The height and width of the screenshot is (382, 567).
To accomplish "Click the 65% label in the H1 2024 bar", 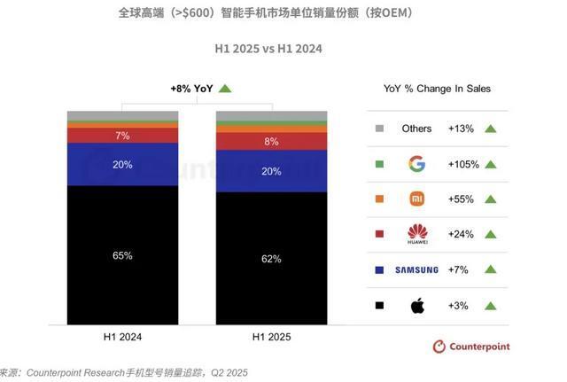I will [122, 255].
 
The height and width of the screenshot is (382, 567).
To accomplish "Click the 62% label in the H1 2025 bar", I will [271, 259].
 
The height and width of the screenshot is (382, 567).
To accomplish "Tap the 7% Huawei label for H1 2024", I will [122, 136].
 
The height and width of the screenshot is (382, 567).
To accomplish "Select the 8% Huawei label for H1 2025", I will [271, 141].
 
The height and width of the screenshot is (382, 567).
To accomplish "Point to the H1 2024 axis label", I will [122, 337].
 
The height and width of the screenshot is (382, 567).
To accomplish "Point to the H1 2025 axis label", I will [271, 337].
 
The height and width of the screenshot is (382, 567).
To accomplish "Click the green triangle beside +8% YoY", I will [225, 88].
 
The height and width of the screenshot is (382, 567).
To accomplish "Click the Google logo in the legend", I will [416, 164].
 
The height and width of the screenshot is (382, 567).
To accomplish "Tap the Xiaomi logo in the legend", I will [416, 199].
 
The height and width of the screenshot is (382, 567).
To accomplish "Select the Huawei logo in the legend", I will [416, 235].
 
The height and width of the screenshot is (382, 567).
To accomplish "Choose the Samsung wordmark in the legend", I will [416, 270].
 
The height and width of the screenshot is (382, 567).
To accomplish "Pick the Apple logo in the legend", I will [416, 306].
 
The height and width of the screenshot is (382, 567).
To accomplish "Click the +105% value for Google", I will [461, 164].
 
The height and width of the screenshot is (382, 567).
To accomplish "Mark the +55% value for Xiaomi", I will [461, 199].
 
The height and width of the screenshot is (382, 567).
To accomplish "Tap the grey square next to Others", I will [379, 129].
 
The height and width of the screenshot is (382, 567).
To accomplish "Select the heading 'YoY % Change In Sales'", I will [437, 89].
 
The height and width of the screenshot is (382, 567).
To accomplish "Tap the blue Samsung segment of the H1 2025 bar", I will [271, 171].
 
